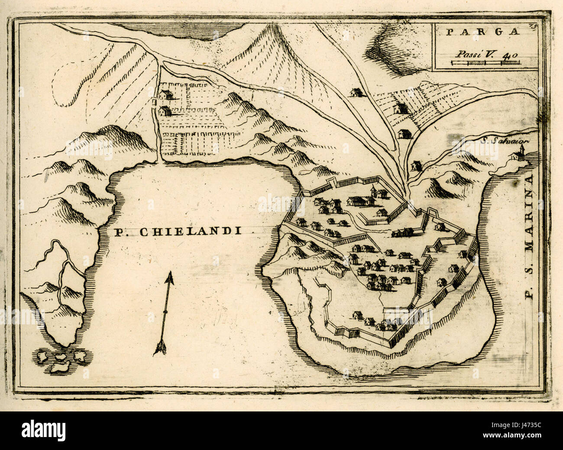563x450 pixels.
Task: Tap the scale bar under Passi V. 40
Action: click(485, 63)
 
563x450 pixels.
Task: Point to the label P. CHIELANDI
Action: click(178, 232)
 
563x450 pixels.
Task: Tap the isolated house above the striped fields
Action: click(356, 92)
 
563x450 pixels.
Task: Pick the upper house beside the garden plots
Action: click(166, 94)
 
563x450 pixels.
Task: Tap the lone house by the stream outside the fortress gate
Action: click(415, 165)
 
